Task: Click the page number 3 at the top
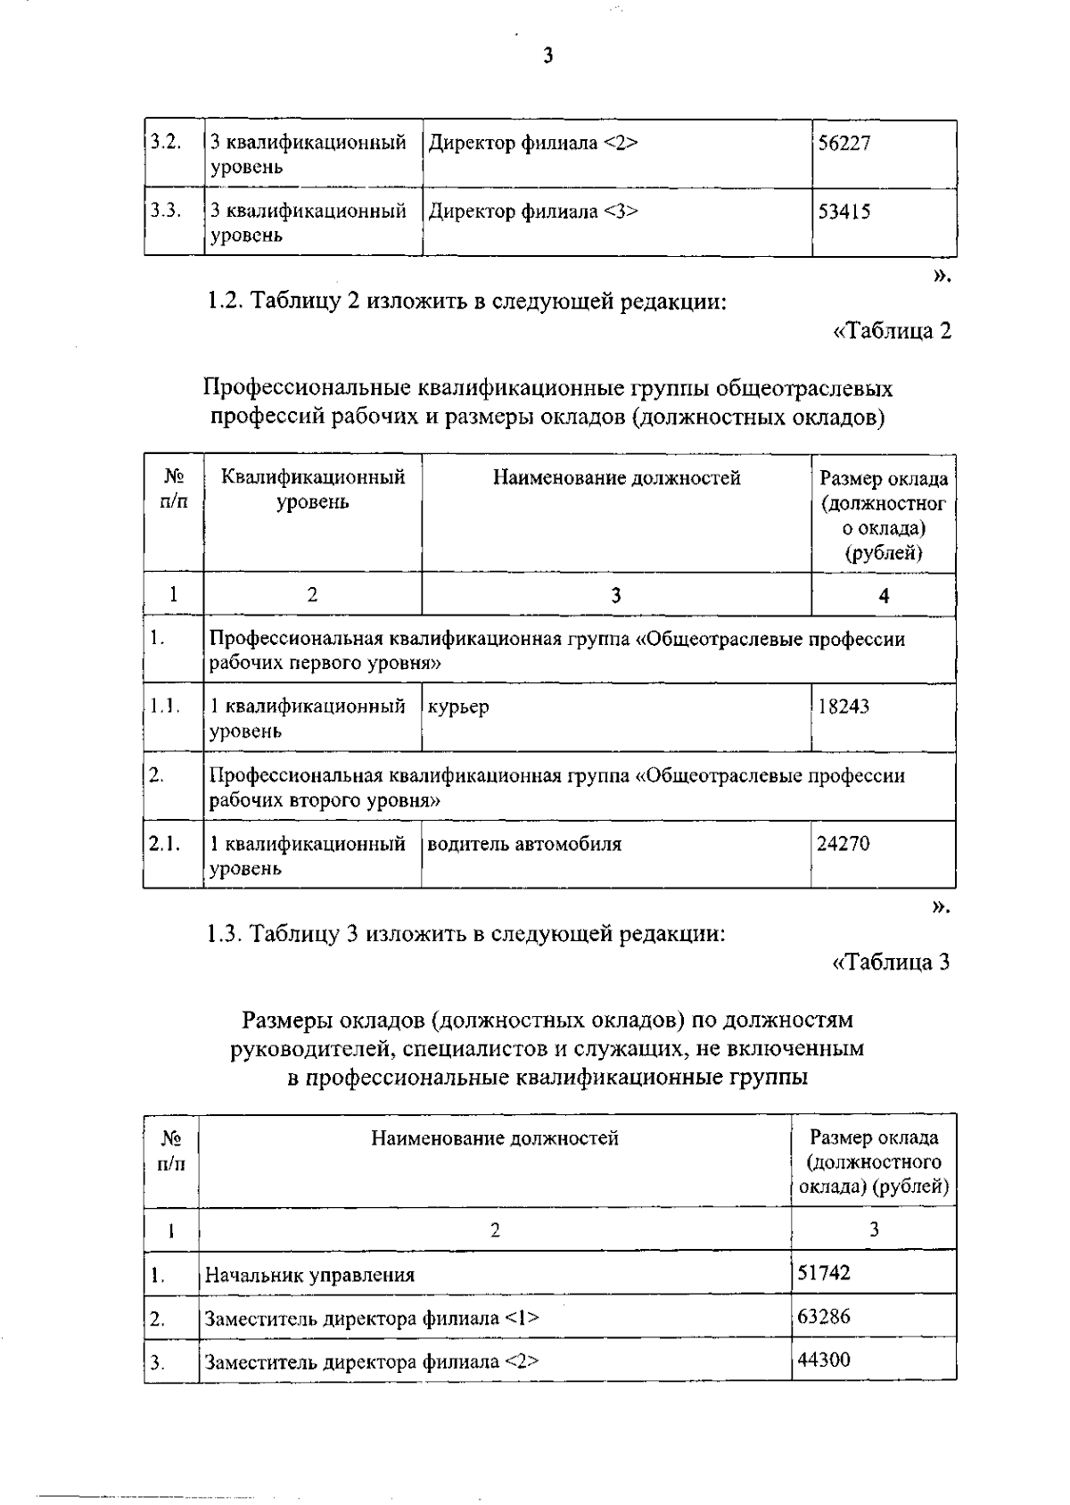547,56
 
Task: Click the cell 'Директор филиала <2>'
532,144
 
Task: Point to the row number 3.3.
166,211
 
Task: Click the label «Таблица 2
892,331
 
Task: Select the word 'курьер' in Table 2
458,707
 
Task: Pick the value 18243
844,707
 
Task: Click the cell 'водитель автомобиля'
524,844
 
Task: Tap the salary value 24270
843,844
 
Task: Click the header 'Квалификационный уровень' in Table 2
312,490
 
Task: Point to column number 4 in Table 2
884,596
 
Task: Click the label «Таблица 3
891,963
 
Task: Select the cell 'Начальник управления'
309,1275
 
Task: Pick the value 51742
824,1273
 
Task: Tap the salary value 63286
824,1317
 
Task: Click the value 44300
824,1360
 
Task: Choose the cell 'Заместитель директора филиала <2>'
372,1362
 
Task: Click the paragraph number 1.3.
225,935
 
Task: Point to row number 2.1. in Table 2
165,844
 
